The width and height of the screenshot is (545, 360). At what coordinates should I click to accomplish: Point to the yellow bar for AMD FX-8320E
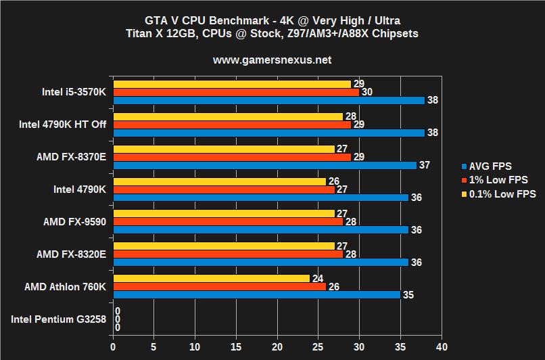pyautogui.click(x=224, y=246)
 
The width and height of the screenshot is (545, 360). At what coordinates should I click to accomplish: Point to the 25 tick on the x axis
pyautogui.click(x=318, y=346)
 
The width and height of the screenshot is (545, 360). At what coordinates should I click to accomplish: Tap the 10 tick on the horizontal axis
pyautogui.click(x=195, y=346)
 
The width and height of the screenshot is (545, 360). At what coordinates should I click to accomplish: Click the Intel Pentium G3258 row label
pyautogui.click(x=59, y=319)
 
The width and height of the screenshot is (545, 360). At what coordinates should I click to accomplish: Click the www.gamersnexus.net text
pyautogui.click(x=272, y=60)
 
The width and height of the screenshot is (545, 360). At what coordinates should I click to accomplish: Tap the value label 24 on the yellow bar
pyautogui.click(x=317, y=278)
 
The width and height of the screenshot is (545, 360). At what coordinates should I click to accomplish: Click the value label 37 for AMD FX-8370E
pyautogui.click(x=423, y=165)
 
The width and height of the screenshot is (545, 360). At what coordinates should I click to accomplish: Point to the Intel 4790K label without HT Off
pyautogui.click(x=80, y=189)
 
